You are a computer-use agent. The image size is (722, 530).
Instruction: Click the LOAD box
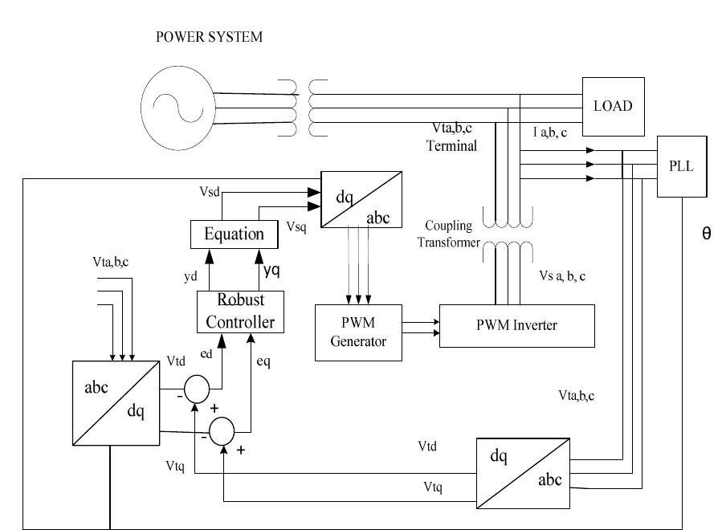pos(613,106)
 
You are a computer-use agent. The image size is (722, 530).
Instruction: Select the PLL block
pos(682,165)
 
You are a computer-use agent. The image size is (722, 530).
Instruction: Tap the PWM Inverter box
pos(517,325)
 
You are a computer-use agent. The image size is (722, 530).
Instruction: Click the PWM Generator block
pos(358,332)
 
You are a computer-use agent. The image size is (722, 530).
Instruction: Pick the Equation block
pos(234,234)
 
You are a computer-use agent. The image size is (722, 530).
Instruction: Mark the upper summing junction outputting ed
pos(197,389)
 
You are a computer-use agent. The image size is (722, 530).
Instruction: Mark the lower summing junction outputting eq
pos(222,430)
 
